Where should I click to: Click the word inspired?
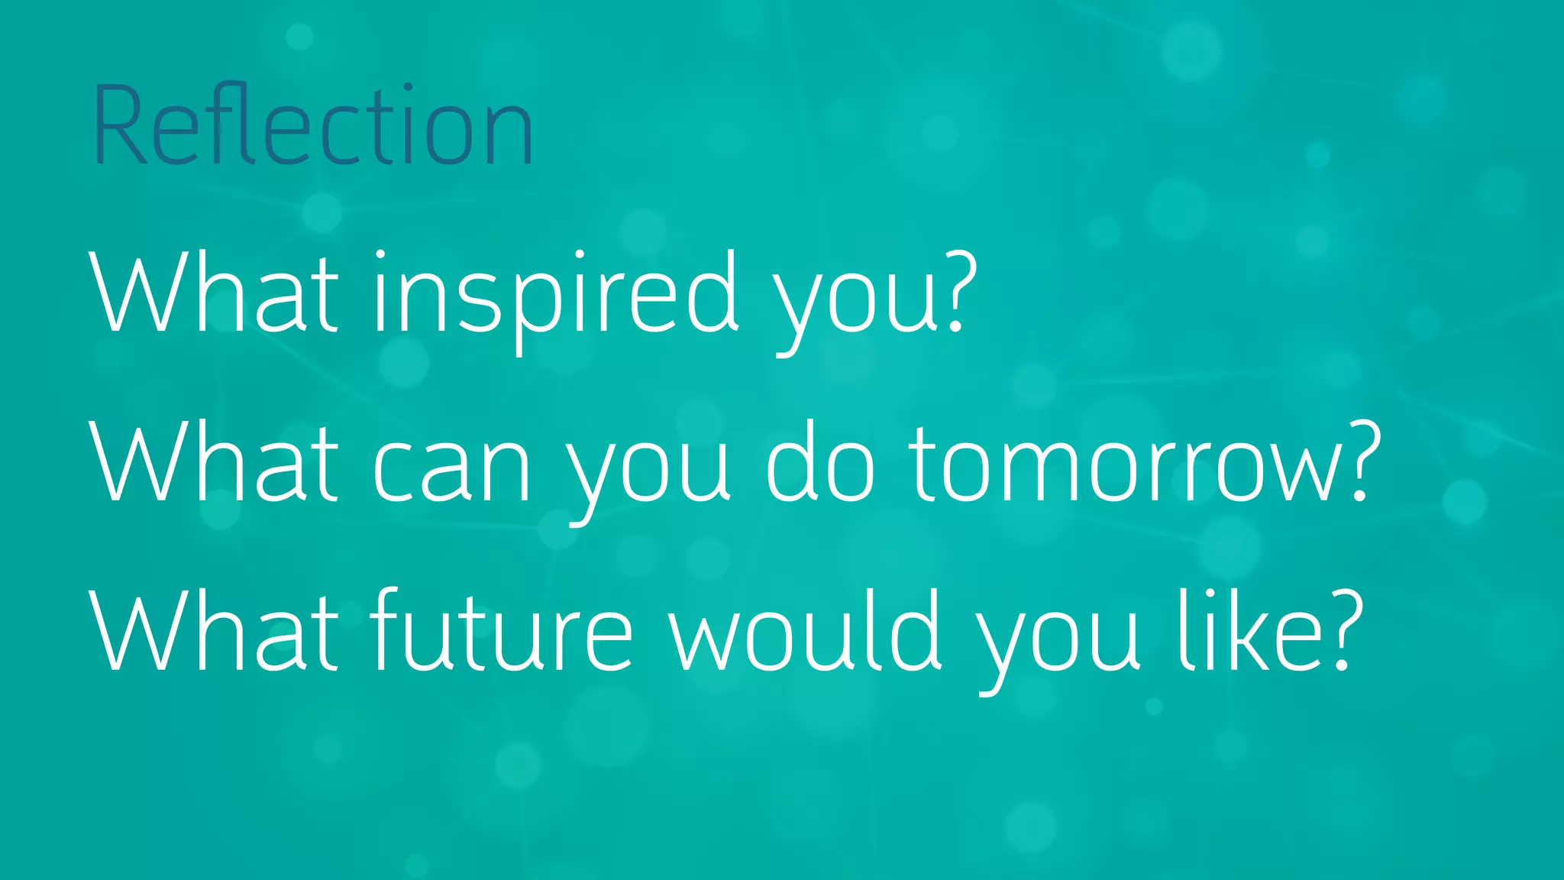coord(556,294)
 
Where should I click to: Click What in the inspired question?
coord(215,294)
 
